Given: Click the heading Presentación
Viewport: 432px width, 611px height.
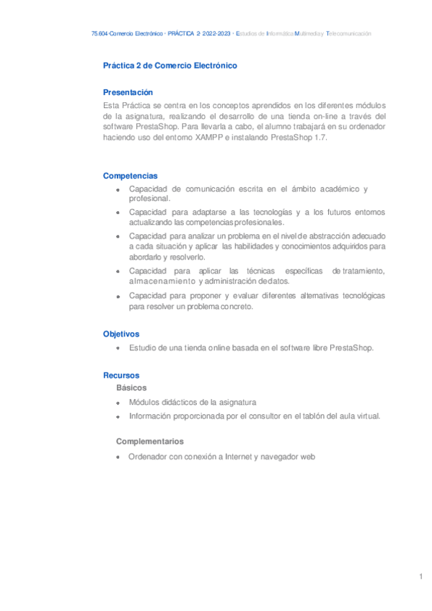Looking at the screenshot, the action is pos(128,92).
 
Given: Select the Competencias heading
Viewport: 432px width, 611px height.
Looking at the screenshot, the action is pos(131,176).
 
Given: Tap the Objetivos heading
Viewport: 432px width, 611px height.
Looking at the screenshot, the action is pos(121,334).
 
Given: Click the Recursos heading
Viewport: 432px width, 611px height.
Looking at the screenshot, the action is pos(121,375).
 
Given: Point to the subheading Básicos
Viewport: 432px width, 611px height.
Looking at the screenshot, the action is pos(131,388).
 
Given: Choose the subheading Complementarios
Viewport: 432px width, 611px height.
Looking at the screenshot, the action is pos(150,441).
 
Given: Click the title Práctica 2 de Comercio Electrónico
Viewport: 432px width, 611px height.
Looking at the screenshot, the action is pos(170,66).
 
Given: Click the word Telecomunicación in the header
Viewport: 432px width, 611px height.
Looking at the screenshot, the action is pos(349,34).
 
